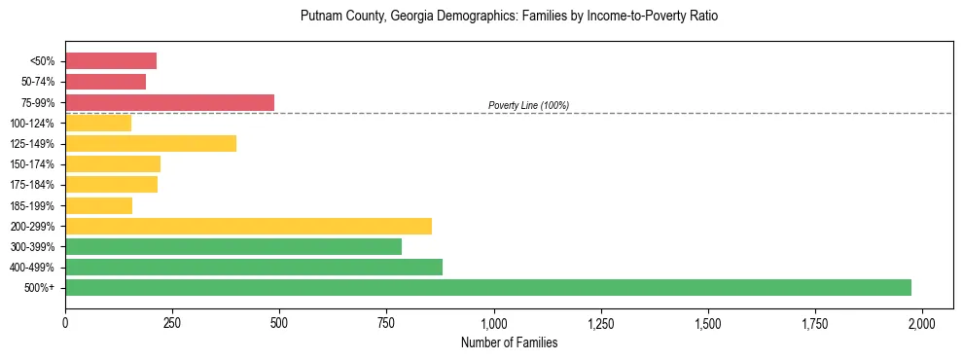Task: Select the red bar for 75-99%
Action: click(169, 102)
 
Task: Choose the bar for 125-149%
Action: click(151, 143)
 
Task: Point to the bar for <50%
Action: click(111, 61)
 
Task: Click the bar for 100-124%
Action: click(98, 123)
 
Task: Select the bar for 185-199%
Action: click(98, 205)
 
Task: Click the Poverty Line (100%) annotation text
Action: click(528, 105)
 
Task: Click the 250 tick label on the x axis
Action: click(172, 322)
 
